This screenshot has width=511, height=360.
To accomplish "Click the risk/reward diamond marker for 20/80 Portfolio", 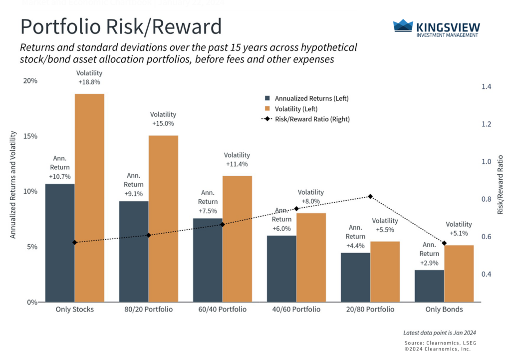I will [370, 196].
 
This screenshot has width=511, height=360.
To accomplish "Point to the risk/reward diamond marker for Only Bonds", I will [444, 243].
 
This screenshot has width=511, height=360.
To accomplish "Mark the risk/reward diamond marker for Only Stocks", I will [74, 242].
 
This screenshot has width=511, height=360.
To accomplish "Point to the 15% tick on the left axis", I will [30, 136].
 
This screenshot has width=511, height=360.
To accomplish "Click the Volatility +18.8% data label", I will [90, 78].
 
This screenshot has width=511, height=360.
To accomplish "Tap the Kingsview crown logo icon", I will [402, 25].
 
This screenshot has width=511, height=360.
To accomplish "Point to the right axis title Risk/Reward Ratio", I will [500, 185].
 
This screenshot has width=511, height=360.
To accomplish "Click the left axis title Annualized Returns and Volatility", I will [13, 185].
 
